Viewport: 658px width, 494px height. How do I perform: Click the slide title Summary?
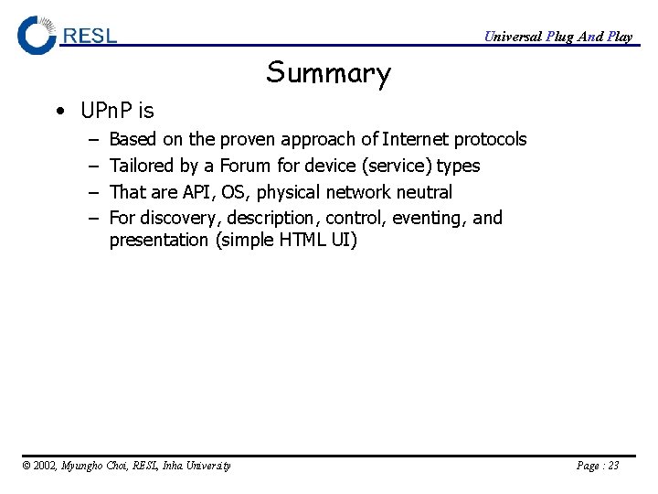(328, 73)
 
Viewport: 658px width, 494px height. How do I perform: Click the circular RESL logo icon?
(37, 36)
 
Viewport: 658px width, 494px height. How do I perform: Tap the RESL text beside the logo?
(90, 36)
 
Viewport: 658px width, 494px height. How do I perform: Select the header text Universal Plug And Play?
(557, 37)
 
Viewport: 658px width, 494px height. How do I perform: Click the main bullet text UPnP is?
(117, 112)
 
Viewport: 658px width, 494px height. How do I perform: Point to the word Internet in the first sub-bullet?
(415, 140)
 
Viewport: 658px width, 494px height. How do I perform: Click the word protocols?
(490, 140)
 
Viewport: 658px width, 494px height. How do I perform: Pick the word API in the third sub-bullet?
(198, 193)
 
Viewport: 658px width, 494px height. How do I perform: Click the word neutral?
(424, 193)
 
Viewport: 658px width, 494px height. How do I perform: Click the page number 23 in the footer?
(612, 466)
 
